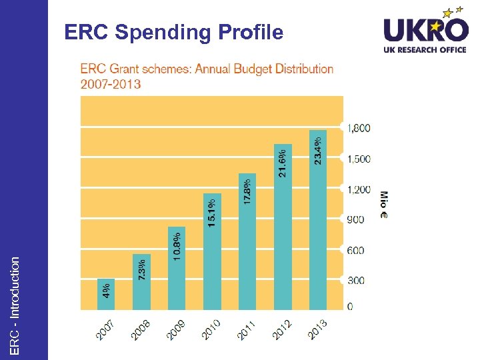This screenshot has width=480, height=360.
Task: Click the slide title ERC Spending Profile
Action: tap(173, 32)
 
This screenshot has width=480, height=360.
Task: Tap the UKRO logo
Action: tap(425, 31)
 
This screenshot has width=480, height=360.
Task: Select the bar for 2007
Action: tap(106, 294)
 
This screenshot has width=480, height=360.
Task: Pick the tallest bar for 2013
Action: tap(318, 219)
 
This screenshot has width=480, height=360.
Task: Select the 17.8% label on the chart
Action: tap(247, 191)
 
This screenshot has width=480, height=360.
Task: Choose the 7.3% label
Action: tap(141, 270)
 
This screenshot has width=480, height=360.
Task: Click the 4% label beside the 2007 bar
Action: tap(106, 290)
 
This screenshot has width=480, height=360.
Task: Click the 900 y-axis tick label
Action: tap(355, 219)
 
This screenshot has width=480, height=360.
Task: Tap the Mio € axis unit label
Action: tap(383, 205)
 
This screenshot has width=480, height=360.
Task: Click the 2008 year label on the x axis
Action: tap(140, 329)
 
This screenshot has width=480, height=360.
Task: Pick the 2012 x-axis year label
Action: tap(282, 329)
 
